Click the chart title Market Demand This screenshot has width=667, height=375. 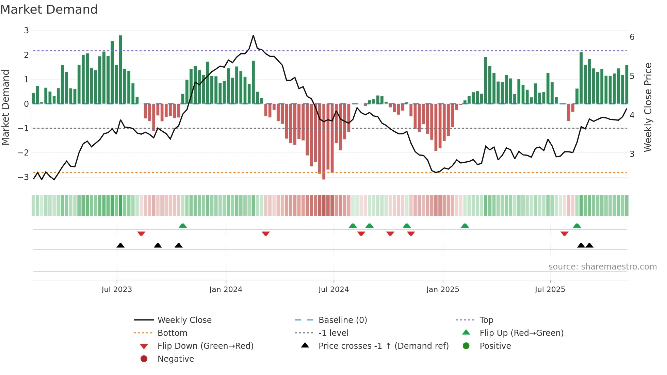pyautogui.click(x=49, y=10)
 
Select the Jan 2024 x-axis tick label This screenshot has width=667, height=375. pyautogui.click(x=226, y=290)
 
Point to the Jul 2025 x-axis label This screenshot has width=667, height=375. pyautogui.click(x=550, y=290)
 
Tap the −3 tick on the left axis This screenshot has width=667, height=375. pyautogui.click(x=23, y=177)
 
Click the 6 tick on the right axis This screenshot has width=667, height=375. pyautogui.click(x=632, y=37)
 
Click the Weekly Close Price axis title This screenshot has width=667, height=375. pyautogui.click(x=648, y=107)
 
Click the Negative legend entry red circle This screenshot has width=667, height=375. pyautogui.click(x=144, y=359)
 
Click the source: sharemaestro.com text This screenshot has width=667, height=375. pyautogui.click(x=602, y=267)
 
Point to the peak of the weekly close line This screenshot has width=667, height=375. pyautogui.click(x=253, y=35)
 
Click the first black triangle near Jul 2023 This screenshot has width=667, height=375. pyautogui.click(x=120, y=245)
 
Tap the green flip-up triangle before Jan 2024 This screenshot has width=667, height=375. pyautogui.click(x=183, y=226)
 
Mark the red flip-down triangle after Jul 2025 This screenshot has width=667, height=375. pyautogui.click(x=564, y=233)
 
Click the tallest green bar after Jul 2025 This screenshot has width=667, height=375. pyautogui.click(x=581, y=78)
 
